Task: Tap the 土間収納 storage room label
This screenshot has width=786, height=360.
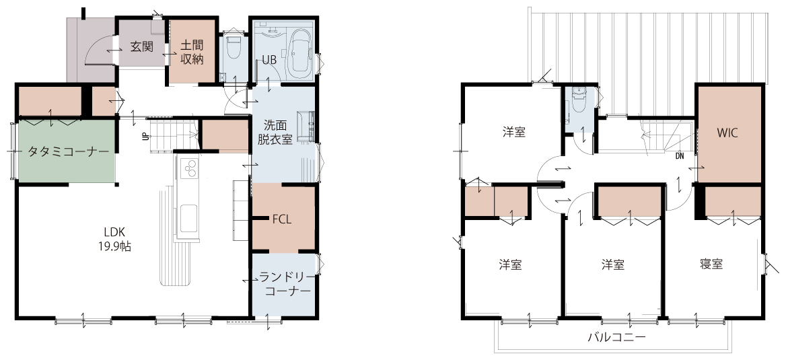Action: (192, 51)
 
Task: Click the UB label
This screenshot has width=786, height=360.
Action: (269, 60)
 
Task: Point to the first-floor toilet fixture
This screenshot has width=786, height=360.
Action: (234, 48)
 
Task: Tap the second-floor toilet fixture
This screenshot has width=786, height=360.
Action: (579, 101)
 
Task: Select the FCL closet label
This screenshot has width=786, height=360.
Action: (282, 219)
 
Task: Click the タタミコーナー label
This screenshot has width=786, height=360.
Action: (68, 151)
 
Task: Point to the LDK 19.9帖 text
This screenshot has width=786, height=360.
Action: (114, 239)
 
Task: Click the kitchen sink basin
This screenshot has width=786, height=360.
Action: (188, 219)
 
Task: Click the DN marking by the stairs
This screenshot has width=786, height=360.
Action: (679, 156)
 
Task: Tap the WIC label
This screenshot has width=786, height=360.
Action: (727, 133)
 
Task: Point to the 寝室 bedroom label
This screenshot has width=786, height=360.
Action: (711, 264)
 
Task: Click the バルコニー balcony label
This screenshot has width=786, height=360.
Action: (616, 337)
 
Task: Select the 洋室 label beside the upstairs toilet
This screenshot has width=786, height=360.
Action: (514, 133)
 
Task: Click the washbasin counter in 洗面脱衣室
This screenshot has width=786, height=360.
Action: (306, 126)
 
